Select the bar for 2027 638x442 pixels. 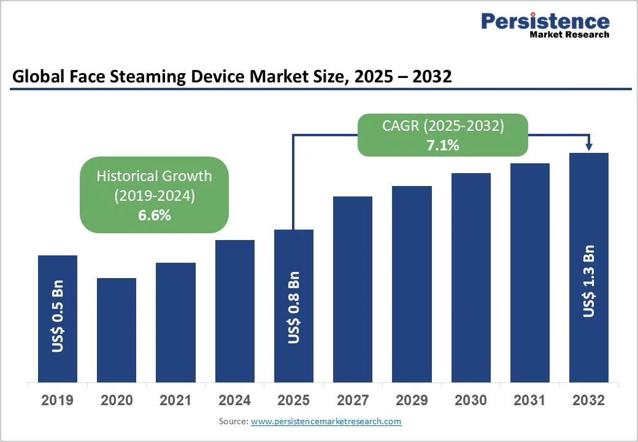click(353, 289)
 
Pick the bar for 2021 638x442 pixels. click(175, 322)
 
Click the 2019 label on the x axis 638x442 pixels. click(57, 401)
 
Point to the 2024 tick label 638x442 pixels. click(234, 401)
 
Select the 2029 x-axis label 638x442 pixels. click(412, 401)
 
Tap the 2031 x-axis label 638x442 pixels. click(529, 401)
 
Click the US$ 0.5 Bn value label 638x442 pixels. click(58, 317)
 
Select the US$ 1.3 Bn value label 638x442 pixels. click(589, 281)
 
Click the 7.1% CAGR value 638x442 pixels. click(444, 145)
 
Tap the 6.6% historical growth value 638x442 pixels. click(154, 215)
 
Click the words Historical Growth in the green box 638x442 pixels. click(154, 176)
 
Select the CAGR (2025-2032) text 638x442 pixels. click(444, 126)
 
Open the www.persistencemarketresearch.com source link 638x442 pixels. click(326, 422)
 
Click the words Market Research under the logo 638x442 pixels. click(569, 35)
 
